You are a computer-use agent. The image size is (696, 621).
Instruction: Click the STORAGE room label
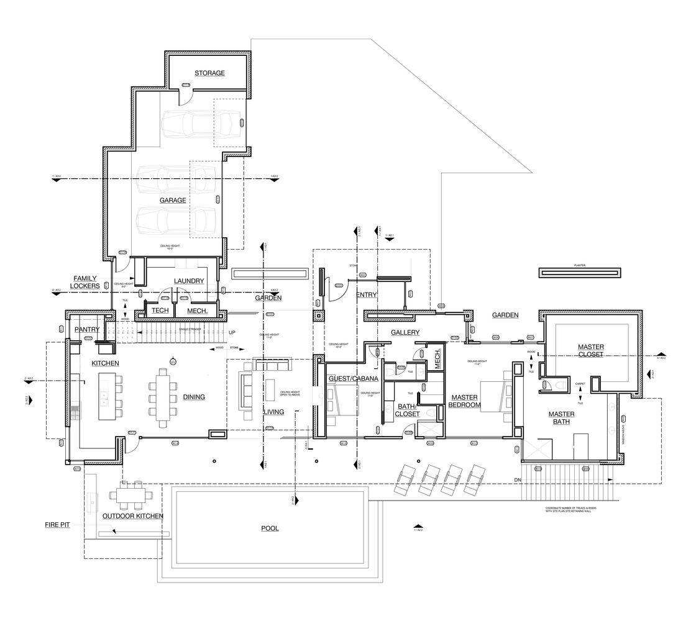(209, 73)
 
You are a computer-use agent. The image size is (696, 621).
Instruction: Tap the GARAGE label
(173, 201)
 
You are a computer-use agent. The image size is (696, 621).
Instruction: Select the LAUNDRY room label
(189, 281)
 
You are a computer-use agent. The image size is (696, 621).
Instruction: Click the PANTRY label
(87, 330)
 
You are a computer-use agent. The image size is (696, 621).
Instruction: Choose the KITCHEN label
(106, 363)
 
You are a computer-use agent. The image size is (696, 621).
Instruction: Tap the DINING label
(194, 397)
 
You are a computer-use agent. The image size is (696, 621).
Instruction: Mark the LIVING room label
(273, 412)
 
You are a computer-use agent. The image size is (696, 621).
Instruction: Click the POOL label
(270, 528)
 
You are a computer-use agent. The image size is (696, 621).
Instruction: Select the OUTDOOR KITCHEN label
(133, 516)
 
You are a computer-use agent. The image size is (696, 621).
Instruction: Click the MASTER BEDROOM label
(465, 401)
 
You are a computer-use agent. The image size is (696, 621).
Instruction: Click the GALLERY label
(405, 333)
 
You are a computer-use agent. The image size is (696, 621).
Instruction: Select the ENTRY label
(367, 295)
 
